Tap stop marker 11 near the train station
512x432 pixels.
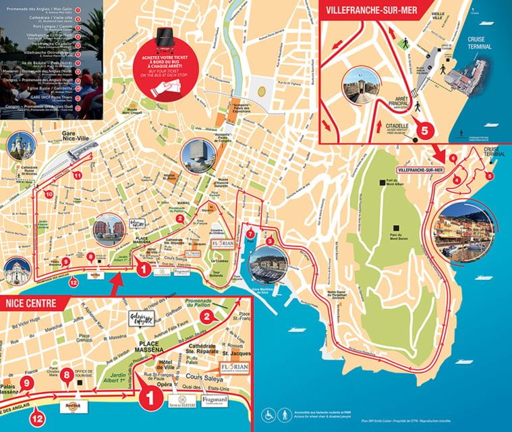(x=78, y=175)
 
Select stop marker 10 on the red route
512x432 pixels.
(x=49, y=194)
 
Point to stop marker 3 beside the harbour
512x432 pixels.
(x=270, y=241)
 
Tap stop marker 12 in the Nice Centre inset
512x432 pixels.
(x=37, y=418)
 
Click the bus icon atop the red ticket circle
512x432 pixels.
(x=162, y=35)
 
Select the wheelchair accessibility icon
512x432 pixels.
(x=268, y=414)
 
